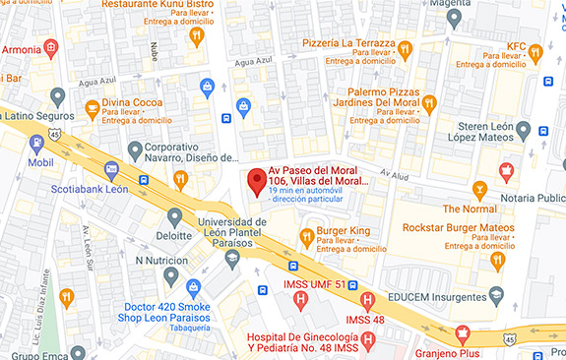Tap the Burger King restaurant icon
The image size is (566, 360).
coord(306,236)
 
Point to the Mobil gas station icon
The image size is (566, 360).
coord(37,144)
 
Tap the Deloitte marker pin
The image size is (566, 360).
coord(175,217)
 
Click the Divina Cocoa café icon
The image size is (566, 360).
coord(92,107)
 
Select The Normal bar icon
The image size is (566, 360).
coord(479,189)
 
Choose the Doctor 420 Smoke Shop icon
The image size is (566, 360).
coord(194,287)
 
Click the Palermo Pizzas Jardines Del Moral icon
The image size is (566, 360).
coord(428,102)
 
